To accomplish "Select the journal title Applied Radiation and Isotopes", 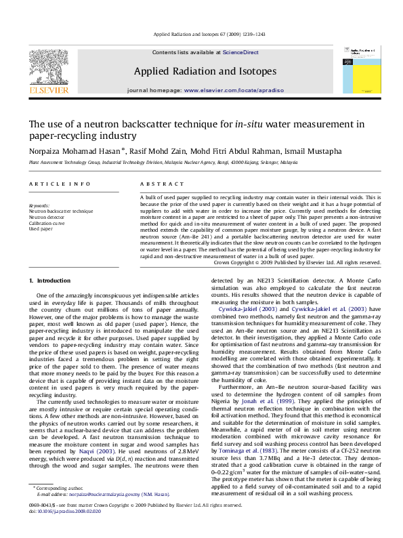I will tap(205, 71).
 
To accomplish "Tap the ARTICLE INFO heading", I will tap(60, 184).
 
